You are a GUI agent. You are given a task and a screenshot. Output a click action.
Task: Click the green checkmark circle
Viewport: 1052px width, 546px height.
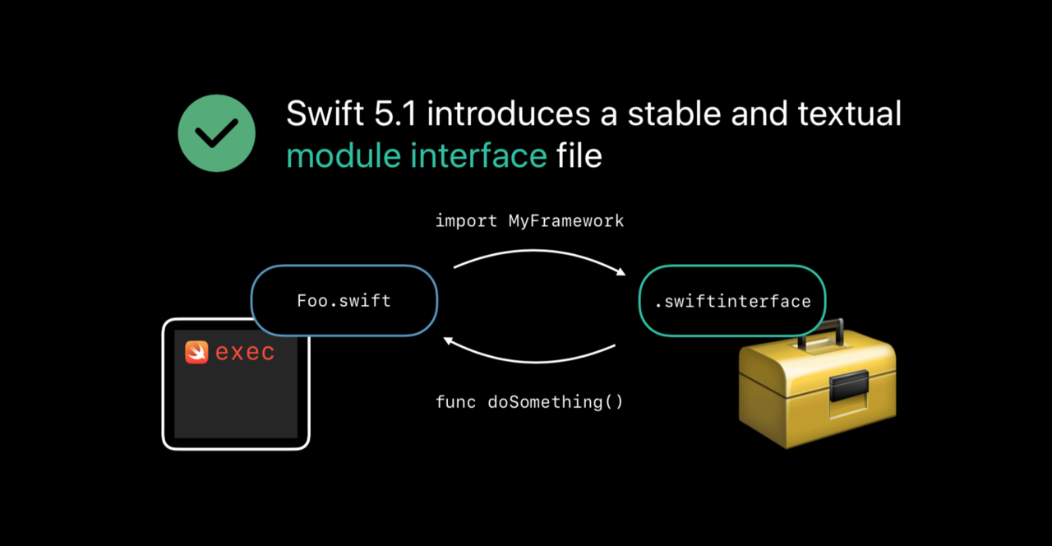click(216, 133)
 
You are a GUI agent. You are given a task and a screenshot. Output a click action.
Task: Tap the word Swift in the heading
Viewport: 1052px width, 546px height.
click(325, 113)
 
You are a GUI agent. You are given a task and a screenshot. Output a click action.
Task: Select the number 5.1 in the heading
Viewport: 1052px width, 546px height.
click(395, 113)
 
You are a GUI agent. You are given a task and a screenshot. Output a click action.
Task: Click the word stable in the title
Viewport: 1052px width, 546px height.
click(674, 113)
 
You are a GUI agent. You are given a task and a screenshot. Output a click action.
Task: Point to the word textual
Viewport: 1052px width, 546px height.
click(850, 113)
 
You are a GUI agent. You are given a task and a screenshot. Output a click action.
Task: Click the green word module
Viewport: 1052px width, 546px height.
click(344, 155)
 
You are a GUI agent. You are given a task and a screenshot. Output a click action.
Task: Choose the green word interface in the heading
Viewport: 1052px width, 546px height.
click(478, 155)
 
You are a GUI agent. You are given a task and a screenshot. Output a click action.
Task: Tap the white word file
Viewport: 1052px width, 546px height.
click(579, 155)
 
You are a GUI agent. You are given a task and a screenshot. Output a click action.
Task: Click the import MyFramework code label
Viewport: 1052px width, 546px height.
click(529, 221)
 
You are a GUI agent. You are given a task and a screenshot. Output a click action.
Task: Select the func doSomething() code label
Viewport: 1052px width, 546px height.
click(529, 402)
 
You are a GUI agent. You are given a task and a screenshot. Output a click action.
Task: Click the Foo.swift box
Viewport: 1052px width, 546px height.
click(344, 301)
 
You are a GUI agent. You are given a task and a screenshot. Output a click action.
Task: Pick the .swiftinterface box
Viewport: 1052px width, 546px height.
click(732, 301)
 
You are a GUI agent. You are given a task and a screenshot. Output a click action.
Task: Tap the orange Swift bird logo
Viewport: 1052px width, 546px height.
click(196, 353)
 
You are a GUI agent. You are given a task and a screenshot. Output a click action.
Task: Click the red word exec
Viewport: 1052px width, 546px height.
click(245, 353)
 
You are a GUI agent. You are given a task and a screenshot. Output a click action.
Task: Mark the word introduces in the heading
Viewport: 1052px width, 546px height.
click(508, 113)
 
